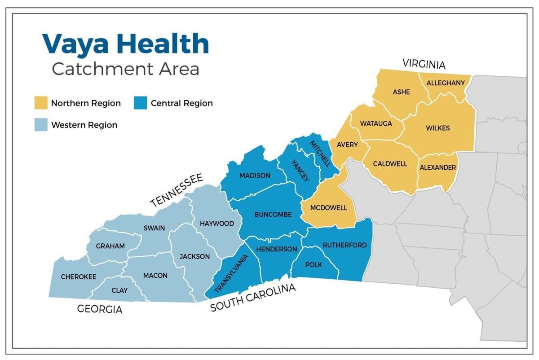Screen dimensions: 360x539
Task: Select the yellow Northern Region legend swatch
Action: point(41,103)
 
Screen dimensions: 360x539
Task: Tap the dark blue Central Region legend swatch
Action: point(141,103)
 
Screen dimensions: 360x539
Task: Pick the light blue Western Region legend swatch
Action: point(41,125)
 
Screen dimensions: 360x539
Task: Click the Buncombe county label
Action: point(273,215)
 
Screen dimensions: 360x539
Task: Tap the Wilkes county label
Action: point(437,128)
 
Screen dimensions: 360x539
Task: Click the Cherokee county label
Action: point(79,277)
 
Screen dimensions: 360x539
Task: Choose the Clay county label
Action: point(119,290)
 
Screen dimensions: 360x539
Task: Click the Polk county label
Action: point(314,265)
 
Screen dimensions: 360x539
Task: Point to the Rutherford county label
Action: point(345,245)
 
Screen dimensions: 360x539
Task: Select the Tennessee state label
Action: point(177,191)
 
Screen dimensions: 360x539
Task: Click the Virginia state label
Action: point(424,64)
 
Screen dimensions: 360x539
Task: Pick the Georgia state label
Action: point(100,309)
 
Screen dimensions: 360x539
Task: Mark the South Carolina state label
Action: point(253,298)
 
